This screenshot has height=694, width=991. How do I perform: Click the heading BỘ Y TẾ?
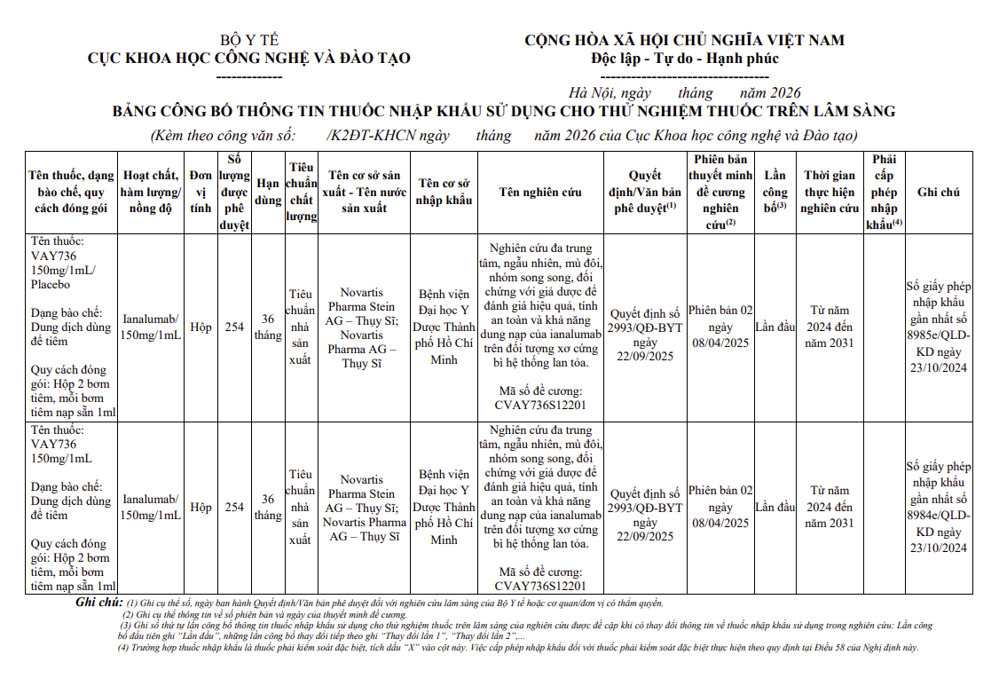point(249,40)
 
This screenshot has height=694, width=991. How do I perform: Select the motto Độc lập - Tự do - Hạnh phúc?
point(684,59)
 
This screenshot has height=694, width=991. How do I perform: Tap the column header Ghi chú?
point(938,192)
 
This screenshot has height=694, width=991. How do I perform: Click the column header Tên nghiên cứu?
point(540,192)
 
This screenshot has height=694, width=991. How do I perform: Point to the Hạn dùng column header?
point(268,192)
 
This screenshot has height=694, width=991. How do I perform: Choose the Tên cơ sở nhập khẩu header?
point(444,192)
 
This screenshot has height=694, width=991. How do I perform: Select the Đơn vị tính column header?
point(201,192)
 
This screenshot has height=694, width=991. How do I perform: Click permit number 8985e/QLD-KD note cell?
point(938,327)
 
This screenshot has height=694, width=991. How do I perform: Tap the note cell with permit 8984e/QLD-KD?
point(938,507)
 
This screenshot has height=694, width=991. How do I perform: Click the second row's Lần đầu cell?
point(775,507)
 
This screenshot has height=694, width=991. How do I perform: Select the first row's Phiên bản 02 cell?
point(720,327)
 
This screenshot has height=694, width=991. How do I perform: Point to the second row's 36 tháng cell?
point(268,507)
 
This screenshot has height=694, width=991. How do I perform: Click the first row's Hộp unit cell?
point(201,327)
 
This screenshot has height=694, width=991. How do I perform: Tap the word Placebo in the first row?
point(51,285)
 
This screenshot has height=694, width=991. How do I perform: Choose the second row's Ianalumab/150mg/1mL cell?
point(151,507)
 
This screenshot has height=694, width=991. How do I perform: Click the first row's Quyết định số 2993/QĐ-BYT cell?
point(645,335)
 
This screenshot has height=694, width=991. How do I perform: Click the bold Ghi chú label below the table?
point(98,603)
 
